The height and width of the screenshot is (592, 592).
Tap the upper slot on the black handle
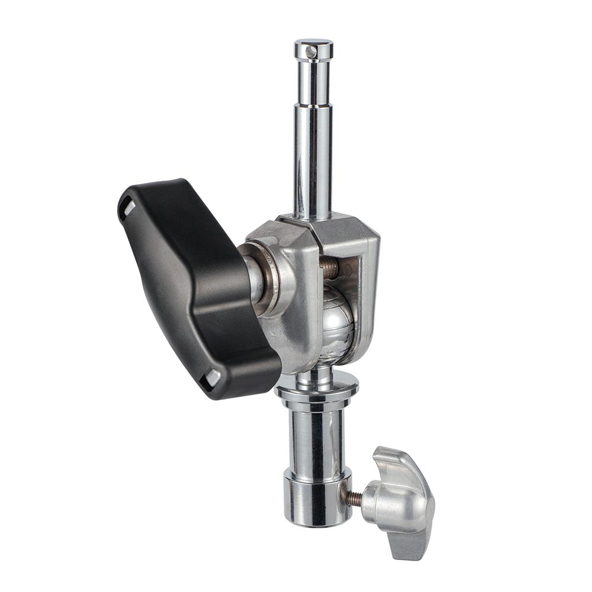(x=128, y=207)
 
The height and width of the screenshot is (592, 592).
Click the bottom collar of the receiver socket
(x=317, y=500)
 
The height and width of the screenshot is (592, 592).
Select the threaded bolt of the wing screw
(x=353, y=499)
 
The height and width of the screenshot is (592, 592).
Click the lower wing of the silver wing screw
(x=414, y=542)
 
